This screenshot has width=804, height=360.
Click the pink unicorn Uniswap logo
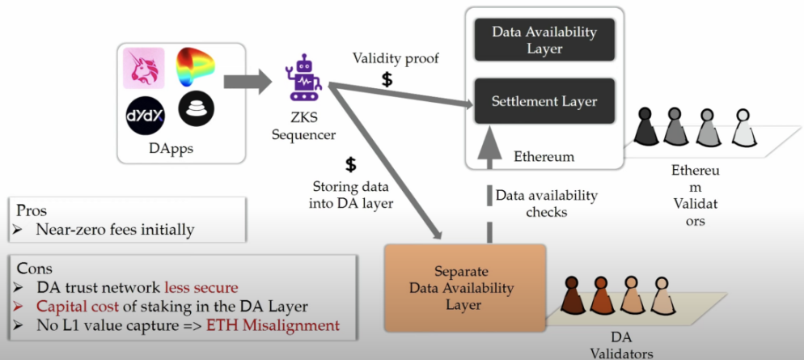[x=143, y=68]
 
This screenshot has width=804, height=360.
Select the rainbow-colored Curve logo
[x=195, y=68]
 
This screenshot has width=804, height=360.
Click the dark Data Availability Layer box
[x=544, y=40]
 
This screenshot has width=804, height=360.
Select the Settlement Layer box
[x=544, y=101]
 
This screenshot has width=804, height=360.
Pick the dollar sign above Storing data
[x=350, y=165]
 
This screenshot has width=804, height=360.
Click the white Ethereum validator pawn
[x=743, y=128]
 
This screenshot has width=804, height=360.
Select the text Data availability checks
[x=546, y=203]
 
